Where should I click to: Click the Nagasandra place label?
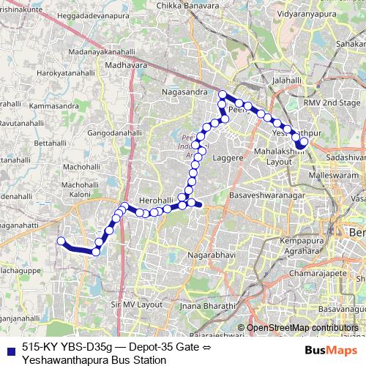[184, 92]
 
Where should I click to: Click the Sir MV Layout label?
[136, 302]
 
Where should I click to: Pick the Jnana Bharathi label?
[201, 305]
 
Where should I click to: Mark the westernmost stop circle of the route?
[61, 241]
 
